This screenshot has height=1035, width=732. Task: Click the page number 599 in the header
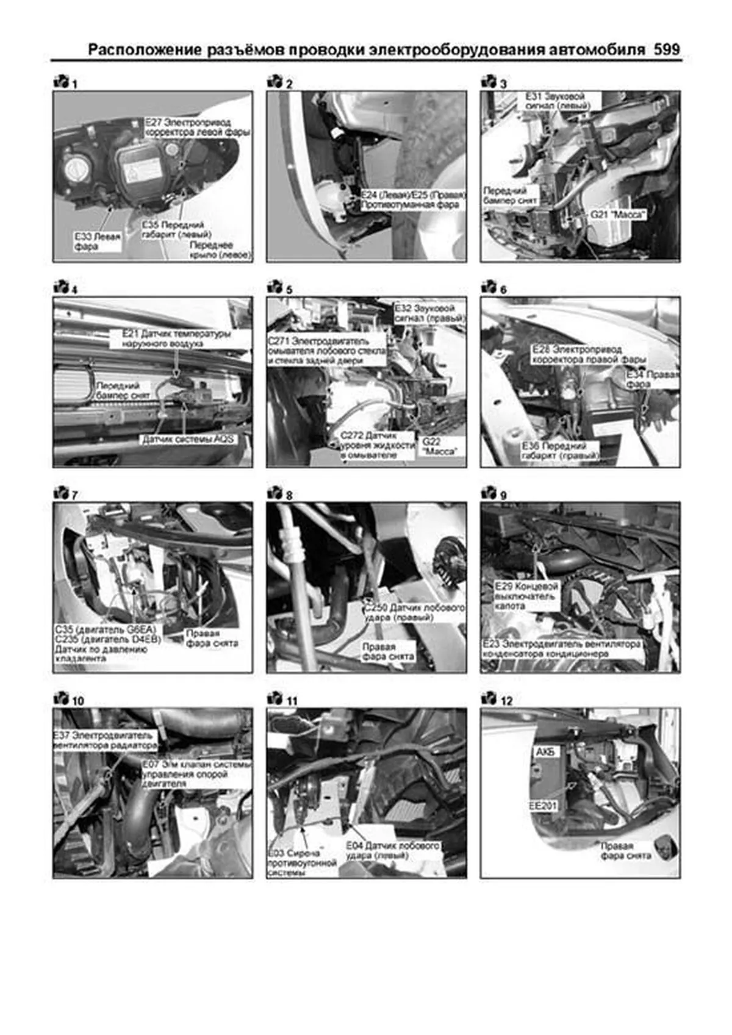pos(667,49)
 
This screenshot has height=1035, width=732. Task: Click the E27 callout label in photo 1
pos(198,127)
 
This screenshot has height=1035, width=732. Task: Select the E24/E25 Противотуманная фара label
pos(413,200)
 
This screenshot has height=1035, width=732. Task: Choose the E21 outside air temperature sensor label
pos(176,338)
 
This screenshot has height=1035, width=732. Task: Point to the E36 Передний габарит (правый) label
pos(560,451)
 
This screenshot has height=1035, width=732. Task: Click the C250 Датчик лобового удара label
pos(414,612)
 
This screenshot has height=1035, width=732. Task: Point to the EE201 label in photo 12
pos(542,806)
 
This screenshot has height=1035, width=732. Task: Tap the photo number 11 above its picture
pos(292,701)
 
